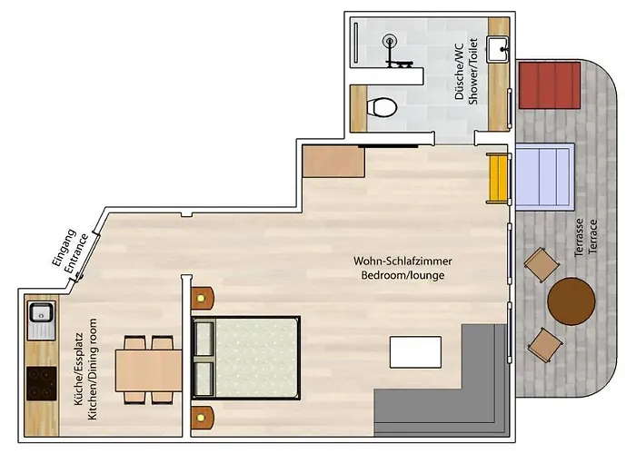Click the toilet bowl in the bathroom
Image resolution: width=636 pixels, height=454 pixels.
pyautogui.click(x=382, y=107)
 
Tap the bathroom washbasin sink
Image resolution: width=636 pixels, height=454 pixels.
pyautogui.click(x=498, y=49)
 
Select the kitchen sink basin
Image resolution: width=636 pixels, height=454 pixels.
pyautogui.click(x=41, y=313)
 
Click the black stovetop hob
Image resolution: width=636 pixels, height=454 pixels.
pyautogui.click(x=42, y=383)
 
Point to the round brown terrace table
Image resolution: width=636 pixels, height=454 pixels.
pyautogui.click(x=571, y=301)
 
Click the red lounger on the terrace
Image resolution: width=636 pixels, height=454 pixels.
pyautogui.click(x=550, y=85)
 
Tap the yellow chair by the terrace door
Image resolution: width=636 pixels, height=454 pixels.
pyautogui.click(x=497, y=178)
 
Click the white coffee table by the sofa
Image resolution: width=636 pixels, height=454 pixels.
pyautogui.click(x=415, y=352)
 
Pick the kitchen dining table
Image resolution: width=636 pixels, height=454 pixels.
pyautogui.click(x=148, y=370)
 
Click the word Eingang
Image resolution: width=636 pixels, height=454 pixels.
pyautogui.click(x=65, y=248)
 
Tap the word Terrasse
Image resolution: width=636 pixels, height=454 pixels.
pyautogui.click(x=580, y=237)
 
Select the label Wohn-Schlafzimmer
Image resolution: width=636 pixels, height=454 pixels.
pyautogui.click(x=402, y=262)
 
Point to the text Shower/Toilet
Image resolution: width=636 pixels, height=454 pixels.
pyautogui.click(x=473, y=72)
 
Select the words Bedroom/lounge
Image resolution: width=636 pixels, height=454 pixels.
pyautogui.click(x=402, y=276)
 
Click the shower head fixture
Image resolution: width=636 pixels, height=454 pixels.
pyautogui.click(x=389, y=41)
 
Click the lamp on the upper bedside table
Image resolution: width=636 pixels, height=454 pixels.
pyautogui.click(x=201, y=299)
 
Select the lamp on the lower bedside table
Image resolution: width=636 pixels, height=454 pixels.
pyautogui.click(x=201, y=417)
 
